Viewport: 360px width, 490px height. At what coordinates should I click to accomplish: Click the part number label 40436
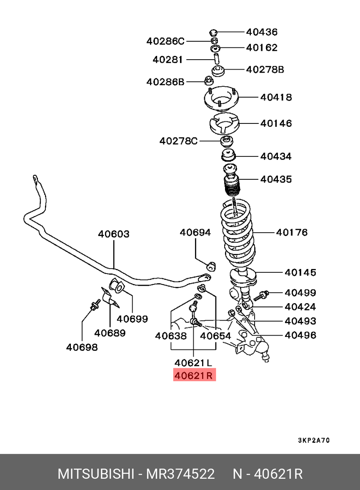click(x=262, y=32)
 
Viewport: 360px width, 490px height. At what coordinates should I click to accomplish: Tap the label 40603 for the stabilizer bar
click(x=114, y=234)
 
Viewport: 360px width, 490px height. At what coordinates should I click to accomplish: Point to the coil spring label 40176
click(x=292, y=232)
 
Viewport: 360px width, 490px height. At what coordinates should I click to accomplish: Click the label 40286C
click(x=165, y=41)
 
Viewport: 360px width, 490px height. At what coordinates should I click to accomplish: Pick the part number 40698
click(x=82, y=347)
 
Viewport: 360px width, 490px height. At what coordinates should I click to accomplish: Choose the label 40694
click(x=195, y=232)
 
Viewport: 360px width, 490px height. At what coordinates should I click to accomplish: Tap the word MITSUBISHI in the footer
click(x=95, y=474)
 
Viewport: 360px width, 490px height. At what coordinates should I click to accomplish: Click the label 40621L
click(x=194, y=362)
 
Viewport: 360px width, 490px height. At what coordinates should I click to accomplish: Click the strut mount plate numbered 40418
click(x=221, y=100)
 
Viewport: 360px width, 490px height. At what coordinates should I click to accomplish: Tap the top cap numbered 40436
click(x=213, y=32)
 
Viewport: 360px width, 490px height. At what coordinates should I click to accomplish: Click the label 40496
click(x=300, y=335)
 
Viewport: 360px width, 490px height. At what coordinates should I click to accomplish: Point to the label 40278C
click(x=178, y=141)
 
